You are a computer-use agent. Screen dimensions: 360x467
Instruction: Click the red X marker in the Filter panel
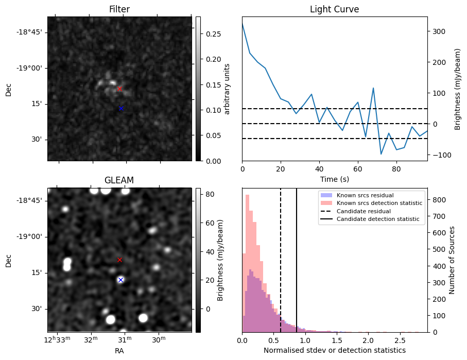pos(119,89)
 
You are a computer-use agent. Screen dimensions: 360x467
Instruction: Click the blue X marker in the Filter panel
pos(121,108)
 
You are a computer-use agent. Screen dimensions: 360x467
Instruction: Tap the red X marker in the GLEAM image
pos(119,260)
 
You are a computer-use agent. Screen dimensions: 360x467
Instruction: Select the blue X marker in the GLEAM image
pos(120,280)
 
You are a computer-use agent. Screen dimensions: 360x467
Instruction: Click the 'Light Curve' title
pos(334,9)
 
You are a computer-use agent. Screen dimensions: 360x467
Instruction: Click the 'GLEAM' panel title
pos(119,180)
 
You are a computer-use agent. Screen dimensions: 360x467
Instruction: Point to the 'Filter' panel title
pos(119,9)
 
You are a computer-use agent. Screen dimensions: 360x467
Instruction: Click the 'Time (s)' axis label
pos(334,179)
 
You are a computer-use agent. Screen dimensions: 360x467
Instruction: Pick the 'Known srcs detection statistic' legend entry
pos(379,203)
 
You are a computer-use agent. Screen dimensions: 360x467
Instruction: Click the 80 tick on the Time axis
pos(396,169)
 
